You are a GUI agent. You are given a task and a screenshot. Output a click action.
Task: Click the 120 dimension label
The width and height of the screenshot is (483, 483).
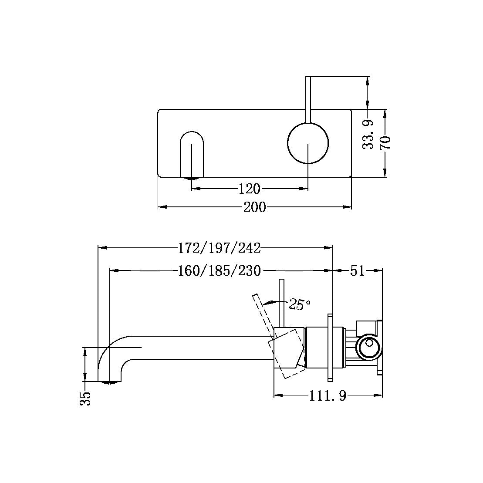[x=250, y=189]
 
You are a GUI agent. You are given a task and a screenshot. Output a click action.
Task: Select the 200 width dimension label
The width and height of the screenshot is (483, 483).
[x=254, y=207]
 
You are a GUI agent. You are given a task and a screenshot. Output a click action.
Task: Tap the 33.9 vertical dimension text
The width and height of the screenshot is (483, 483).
[x=368, y=135]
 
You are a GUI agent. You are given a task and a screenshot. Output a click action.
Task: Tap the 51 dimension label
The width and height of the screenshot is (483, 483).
[x=357, y=271]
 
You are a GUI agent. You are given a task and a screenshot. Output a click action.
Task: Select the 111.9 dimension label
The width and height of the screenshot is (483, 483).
[x=328, y=396]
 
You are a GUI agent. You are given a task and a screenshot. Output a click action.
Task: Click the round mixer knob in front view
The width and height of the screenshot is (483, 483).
[x=308, y=143]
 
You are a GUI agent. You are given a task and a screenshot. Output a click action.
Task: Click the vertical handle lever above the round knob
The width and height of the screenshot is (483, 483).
[x=308, y=100]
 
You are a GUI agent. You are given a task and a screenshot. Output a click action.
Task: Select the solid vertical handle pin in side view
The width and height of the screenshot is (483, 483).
[x=282, y=303]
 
